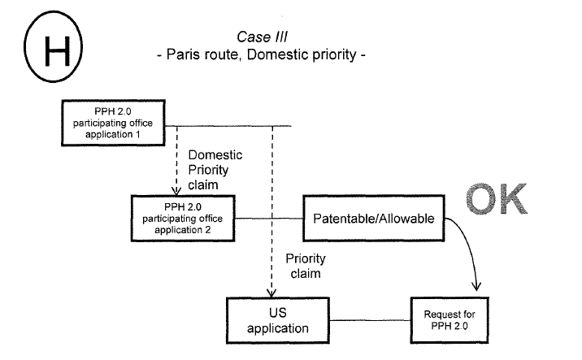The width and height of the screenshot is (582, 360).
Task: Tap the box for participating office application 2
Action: coord(182,218)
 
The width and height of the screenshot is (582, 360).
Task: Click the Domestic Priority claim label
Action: coord(215,169)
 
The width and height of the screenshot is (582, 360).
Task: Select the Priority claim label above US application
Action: coord(304,266)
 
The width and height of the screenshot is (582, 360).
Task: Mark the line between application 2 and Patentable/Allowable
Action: coord(268,219)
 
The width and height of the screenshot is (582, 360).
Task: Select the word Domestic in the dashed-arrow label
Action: coord(215,154)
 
